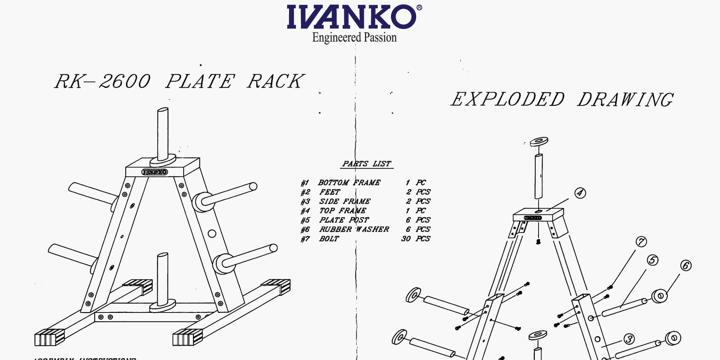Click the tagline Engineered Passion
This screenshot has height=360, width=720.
(x=354, y=37)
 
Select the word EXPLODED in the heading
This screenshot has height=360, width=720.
(x=508, y=100)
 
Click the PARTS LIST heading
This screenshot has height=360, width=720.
(x=366, y=164)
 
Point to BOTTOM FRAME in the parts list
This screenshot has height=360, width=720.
(x=349, y=183)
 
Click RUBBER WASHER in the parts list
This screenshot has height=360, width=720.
(x=354, y=229)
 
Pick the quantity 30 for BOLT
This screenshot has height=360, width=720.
(x=406, y=239)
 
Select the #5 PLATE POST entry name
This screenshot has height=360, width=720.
(x=344, y=220)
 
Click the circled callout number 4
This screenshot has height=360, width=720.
(x=580, y=193)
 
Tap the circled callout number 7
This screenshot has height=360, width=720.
(x=641, y=242)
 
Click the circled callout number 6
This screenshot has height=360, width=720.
(x=685, y=266)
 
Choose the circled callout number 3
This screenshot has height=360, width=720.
(x=629, y=339)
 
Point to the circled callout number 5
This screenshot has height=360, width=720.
(x=652, y=260)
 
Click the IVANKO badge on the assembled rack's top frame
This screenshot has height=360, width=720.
(x=154, y=172)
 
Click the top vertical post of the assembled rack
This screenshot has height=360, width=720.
(x=163, y=133)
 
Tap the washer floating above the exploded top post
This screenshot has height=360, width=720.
(x=539, y=141)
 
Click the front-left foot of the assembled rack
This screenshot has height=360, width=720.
(x=50, y=337)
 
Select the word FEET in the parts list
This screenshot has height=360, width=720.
(x=329, y=192)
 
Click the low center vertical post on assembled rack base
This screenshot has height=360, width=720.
(x=162, y=279)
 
